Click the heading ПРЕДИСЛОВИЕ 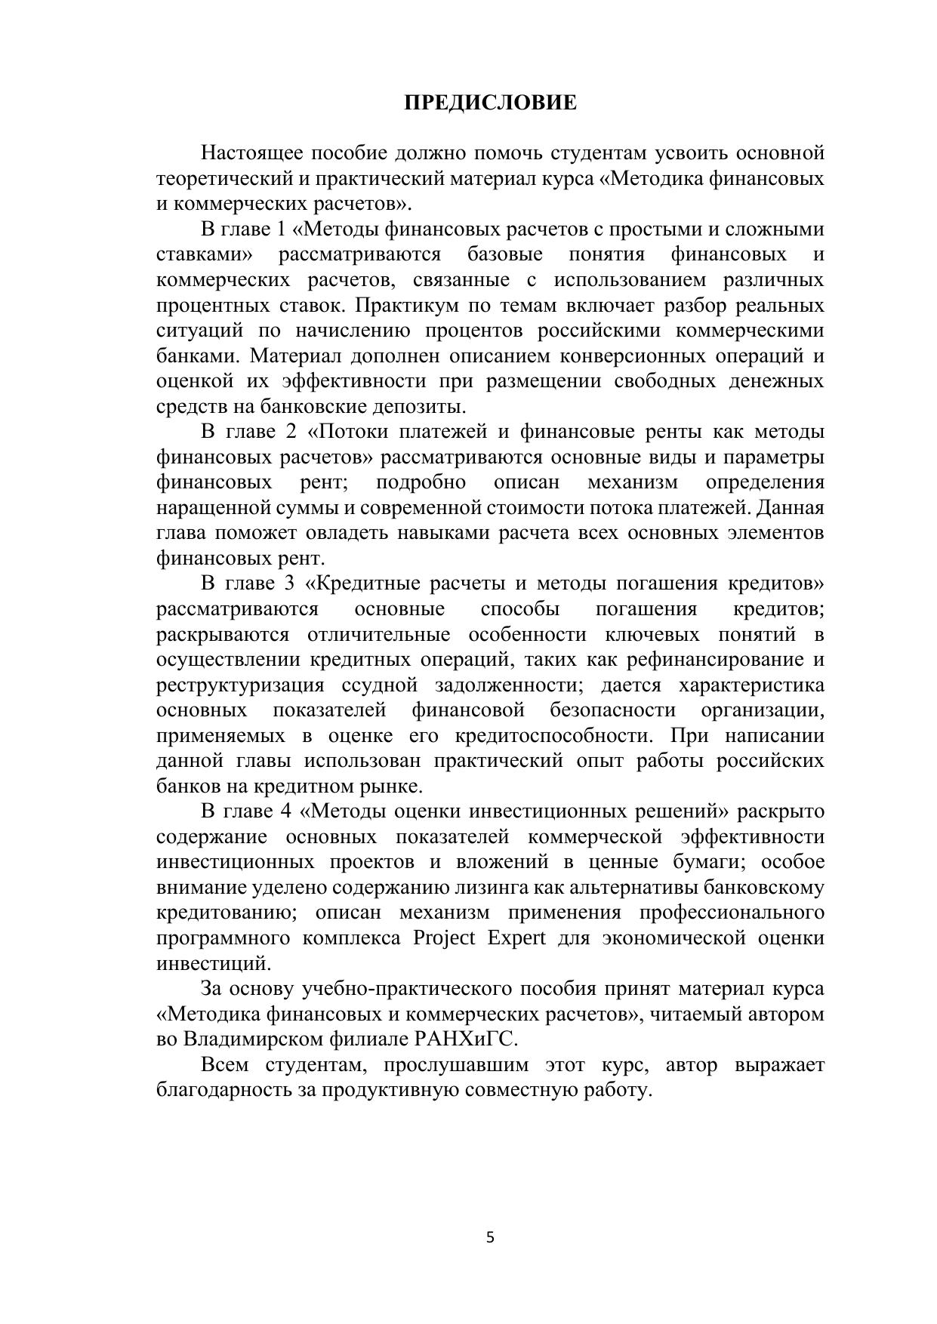(x=490, y=103)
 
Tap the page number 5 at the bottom (x=490, y=1237)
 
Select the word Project (x=444, y=938)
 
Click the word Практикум (x=408, y=306)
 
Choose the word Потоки (x=356, y=432)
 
